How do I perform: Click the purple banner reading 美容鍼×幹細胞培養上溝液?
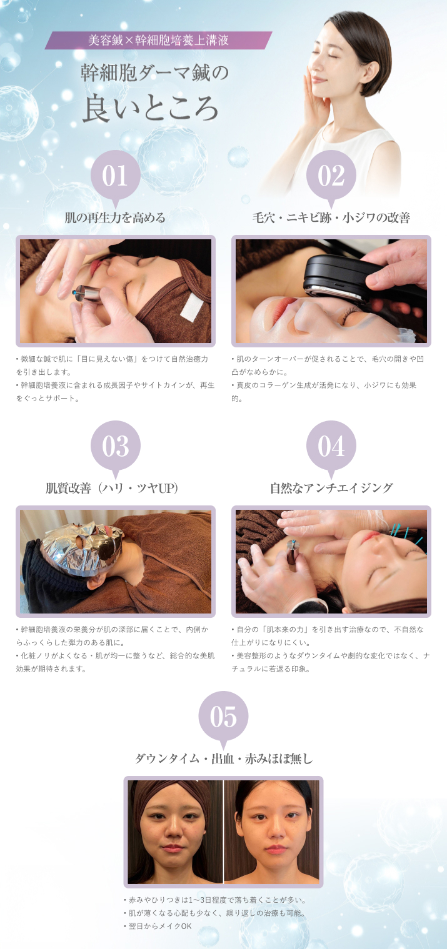(x=158, y=41)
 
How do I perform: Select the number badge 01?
(x=115, y=176)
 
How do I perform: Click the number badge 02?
(x=331, y=176)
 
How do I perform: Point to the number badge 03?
(x=115, y=446)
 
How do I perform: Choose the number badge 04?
(x=331, y=446)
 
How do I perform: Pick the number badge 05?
(x=223, y=717)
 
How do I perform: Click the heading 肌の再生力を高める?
(x=115, y=218)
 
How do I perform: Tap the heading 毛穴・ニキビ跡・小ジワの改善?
(x=331, y=218)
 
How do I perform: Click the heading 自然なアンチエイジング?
(x=331, y=489)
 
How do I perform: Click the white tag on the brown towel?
(x=191, y=308)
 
